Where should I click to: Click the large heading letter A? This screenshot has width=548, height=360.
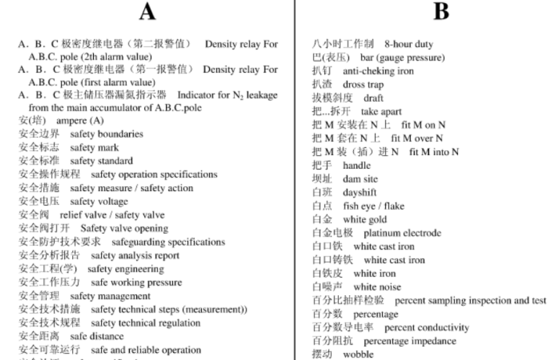147,12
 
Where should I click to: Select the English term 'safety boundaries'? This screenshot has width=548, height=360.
107,134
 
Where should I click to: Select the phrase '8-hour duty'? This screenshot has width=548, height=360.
409,44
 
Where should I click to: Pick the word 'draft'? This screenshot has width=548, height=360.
374,98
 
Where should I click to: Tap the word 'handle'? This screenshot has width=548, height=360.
356,165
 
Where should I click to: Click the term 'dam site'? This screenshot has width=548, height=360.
360,179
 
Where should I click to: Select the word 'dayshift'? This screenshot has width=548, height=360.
360,193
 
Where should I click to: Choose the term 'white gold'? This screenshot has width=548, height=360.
365,219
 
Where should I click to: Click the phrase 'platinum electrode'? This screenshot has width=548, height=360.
402,233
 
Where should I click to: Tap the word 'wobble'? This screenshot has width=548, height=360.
358,354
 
